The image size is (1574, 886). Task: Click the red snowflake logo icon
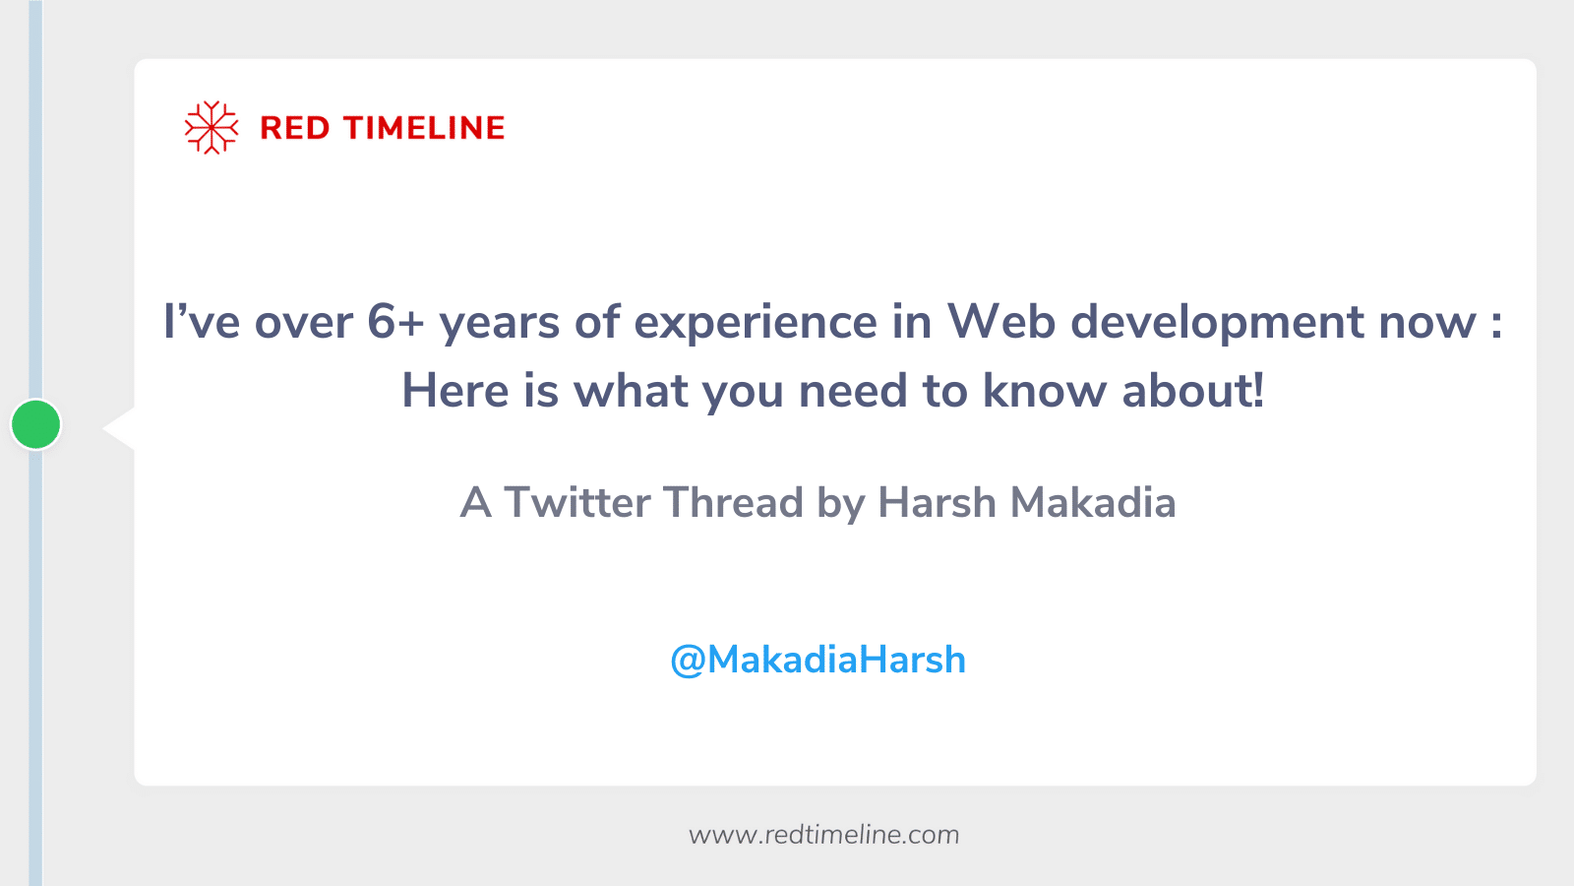point(212,127)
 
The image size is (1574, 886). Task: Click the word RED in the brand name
point(294,128)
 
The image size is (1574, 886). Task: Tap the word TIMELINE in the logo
point(424,128)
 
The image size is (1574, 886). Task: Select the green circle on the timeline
point(36,424)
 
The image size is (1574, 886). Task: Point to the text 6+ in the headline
point(394,322)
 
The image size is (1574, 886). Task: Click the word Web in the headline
point(1000,322)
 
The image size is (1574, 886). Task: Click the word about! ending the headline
point(1192,391)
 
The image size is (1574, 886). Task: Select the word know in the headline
point(1045,391)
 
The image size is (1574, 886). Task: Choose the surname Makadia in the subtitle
point(1093,503)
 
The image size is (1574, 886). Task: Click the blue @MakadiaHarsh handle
point(817,660)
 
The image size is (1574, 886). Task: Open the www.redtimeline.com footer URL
point(823,835)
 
